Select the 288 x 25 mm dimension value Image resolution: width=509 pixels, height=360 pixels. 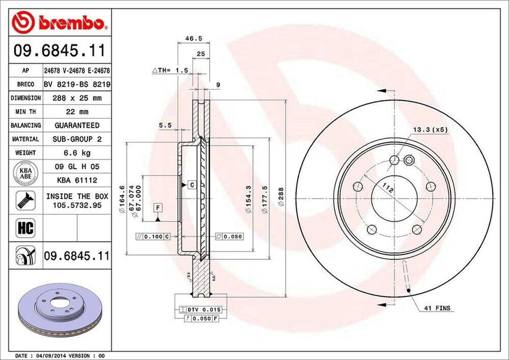[77, 98]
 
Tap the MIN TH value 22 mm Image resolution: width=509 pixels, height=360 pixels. [77, 112]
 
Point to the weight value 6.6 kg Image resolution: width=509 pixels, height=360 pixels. [77, 153]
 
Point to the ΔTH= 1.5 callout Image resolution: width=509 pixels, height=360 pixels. [170, 71]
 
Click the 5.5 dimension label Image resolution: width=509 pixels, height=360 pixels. [165, 126]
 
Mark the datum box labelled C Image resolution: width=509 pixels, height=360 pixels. [190, 185]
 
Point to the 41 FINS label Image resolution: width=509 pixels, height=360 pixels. [436, 308]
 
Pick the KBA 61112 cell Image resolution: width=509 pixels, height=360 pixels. [77, 180]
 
